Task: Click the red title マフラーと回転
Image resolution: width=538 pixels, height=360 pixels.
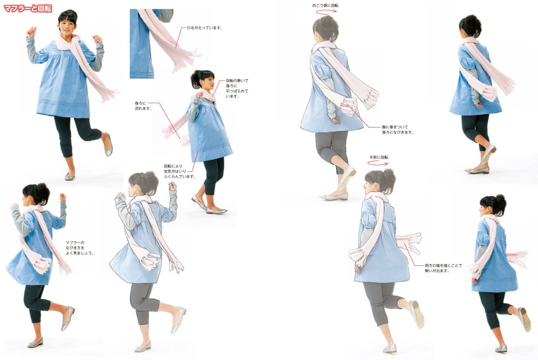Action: (28, 8)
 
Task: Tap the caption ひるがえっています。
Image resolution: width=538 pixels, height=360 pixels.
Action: (204, 28)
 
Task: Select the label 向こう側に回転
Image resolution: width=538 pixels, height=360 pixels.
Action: (325, 6)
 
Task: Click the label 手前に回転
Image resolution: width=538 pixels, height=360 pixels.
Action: (379, 157)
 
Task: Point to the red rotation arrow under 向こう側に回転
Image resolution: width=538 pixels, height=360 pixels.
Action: (326, 12)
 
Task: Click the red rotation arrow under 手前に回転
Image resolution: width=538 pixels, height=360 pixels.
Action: (378, 164)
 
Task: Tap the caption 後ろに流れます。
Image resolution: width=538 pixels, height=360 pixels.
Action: (143, 106)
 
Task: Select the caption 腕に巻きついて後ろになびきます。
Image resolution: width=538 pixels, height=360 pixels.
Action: (397, 130)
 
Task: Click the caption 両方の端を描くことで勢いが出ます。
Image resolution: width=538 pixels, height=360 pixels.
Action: (443, 268)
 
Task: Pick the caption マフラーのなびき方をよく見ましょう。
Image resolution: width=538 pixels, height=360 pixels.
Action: (79, 248)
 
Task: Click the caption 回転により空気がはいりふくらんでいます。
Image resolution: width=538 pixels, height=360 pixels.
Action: (179, 171)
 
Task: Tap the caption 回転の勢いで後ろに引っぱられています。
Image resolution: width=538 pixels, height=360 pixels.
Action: (237, 88)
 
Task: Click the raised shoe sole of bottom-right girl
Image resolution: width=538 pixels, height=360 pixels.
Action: (525, 320)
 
